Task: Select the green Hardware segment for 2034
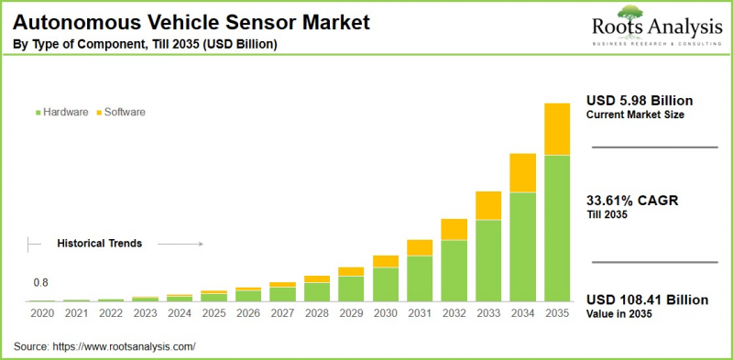(522, 246)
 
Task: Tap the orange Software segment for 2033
(488, 205)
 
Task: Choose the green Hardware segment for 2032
(454, 270)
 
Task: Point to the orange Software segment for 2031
(420, 247)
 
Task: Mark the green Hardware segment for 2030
(386, 284)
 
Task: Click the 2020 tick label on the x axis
(42, 314)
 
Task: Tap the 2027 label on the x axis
(282, 314)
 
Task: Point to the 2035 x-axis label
(556, 314)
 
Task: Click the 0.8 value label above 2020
(41, 282)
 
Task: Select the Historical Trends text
(99, 244)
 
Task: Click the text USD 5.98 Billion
(640, 100)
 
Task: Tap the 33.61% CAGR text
(632, 201)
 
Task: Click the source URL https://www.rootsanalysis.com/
(125, 347)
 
